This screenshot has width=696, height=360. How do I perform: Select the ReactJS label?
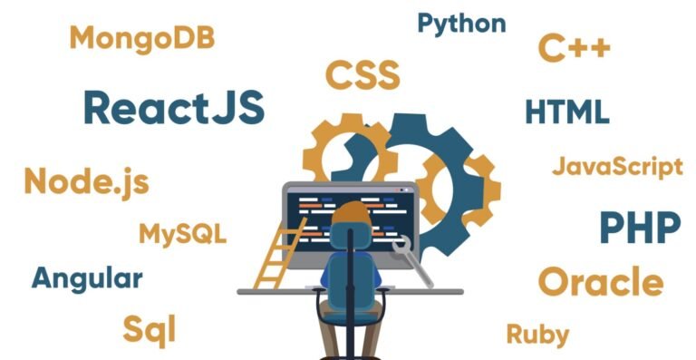click(174, 108)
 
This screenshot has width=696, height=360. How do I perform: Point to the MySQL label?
click(182, 233)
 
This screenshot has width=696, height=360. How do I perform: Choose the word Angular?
click(87, 278)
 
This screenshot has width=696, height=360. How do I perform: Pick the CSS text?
click(362, 74)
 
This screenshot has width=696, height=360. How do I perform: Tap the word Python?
click(461, 24)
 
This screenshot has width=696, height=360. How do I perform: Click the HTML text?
click(567, 112)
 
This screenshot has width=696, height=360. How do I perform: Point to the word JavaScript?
click(617, 167)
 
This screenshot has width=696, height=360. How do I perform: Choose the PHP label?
click(640, 228)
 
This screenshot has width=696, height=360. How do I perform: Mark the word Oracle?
click(600, 282)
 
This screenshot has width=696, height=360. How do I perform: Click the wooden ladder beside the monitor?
click(273, 254)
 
